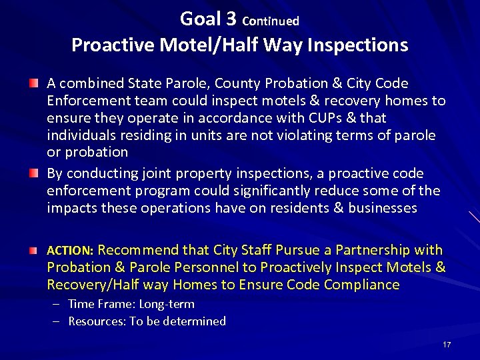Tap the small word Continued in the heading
click(271, 21)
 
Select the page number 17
click(447, 345)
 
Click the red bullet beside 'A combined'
click(33, 83)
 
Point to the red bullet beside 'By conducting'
click(33, 173)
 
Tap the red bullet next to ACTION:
click(33, 250)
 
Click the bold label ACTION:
click(70, 251)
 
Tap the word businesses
click(382, 208)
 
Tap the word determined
click(195, 321)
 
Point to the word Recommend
click(138, 250)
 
